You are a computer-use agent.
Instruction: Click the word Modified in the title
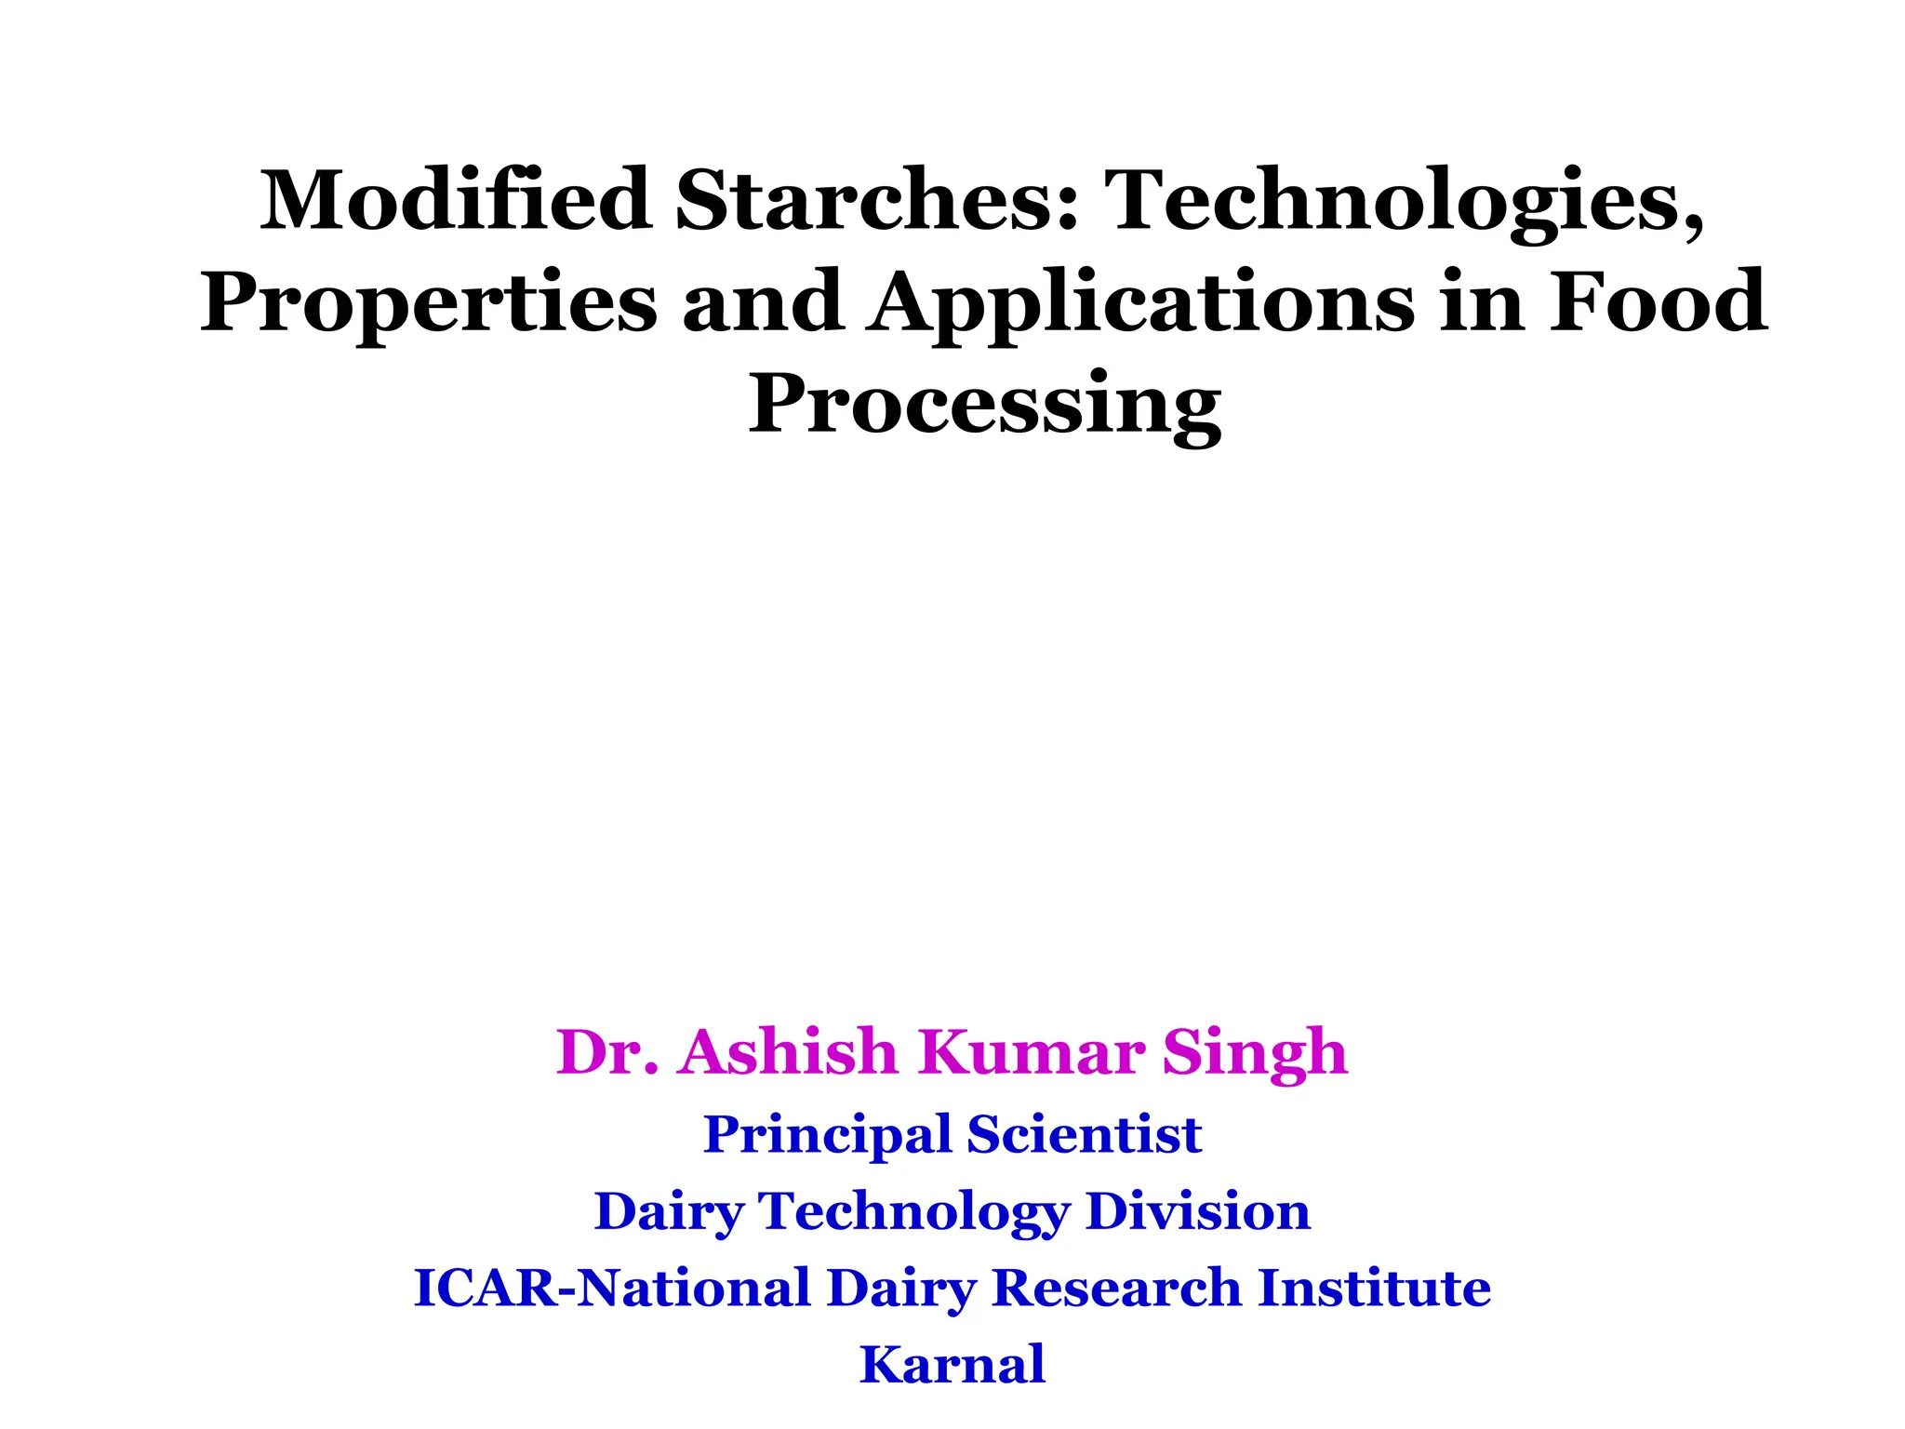[455, 200]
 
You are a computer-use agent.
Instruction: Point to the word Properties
[428, 302]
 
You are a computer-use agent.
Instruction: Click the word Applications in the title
[1139, 302]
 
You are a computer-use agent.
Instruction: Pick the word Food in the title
[1657, 302]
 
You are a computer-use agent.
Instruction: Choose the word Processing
[984, 404]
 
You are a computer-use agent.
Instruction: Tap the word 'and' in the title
[763, 302]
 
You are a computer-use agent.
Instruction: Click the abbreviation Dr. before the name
[607, 1052]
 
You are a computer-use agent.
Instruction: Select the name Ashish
[787, 1052]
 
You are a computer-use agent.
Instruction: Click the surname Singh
[1255, 1054]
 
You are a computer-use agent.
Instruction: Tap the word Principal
[827, 1135]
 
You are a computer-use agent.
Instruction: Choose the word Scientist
[1084, 1134]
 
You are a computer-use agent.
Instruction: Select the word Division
[1198, 1211]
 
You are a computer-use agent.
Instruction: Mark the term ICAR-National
[611, 1289]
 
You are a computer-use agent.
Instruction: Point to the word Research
[1116, 1289]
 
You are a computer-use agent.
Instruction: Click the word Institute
[1375, 1289]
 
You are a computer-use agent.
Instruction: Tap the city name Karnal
[952, 1365]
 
